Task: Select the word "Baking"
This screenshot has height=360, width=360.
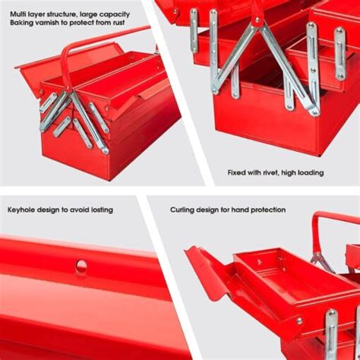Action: (22, 23)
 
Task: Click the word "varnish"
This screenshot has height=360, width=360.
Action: (49, 23)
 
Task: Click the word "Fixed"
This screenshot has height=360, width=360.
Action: (238, 172)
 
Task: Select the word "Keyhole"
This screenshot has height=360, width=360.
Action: (23, 210)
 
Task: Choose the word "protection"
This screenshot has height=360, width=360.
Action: (265, 210)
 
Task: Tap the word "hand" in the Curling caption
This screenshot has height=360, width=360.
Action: (235, 210)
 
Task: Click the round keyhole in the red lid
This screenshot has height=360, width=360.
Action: (81, 266)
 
